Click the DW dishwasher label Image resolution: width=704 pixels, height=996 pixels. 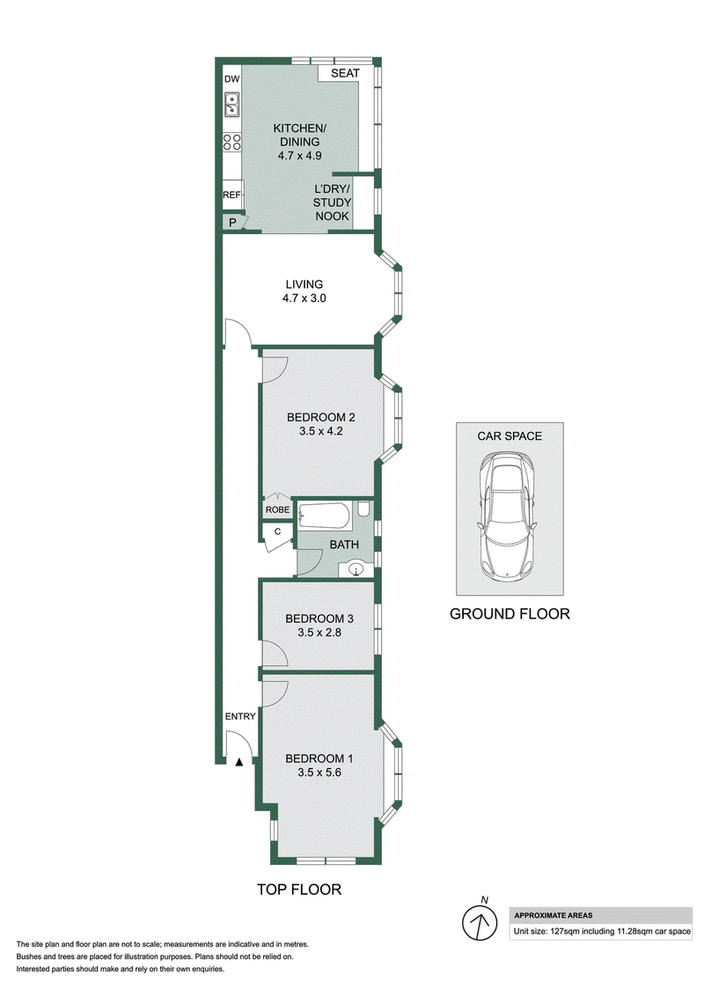[232, 79]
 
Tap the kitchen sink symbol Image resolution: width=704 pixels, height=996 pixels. [231, 104]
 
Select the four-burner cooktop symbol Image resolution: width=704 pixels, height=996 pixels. [232, 143]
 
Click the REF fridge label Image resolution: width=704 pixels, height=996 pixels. [232, 195]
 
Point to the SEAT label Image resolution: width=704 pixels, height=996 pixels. [345, 73]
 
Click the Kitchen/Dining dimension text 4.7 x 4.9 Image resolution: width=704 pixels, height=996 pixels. [300, 156]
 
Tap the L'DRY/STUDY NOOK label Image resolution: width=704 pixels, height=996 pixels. [333, 202]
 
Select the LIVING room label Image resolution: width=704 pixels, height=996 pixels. [304, 284]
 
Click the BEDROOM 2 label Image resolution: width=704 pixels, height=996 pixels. [321, 417]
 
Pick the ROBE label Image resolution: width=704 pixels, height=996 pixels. [278, 509]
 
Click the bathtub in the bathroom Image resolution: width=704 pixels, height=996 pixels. [324, 516]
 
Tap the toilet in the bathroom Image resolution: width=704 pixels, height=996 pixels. [363, 509]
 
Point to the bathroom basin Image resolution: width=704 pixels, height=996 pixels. [356, 568]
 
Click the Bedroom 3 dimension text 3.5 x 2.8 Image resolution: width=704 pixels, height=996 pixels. [319, 633]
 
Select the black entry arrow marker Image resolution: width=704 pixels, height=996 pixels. [238, 762]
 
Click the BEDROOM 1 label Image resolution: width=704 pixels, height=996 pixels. [319, 758]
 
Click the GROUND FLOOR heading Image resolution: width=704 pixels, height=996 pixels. [510, 613]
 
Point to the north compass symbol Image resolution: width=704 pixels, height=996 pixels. [480, 921]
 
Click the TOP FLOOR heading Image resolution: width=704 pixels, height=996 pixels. [299, 890]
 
